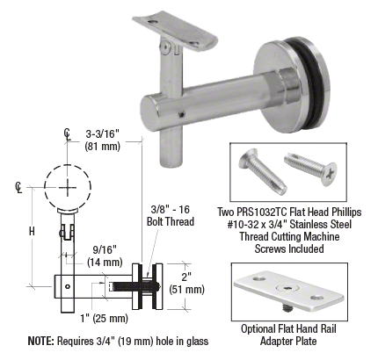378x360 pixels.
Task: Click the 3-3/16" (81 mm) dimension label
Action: pyautogui.click(x=103, y=140)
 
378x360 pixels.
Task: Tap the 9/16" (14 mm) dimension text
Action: pyautogui.click(x=105, y=256)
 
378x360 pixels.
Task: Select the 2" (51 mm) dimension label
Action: pyautogui.click(x=186, y=284)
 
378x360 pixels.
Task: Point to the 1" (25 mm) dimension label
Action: pyautogui.click(x=104, y=318)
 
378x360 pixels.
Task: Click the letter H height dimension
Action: pyautogui.click(x=32, y=232)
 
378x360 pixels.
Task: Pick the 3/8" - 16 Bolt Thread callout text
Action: pyautogui.click(x=171, y=215)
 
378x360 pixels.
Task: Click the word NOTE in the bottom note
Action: pyautogui.click(x=40, y=341)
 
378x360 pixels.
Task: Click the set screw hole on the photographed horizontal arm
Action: pyautogui.click(x=182, y=115)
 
